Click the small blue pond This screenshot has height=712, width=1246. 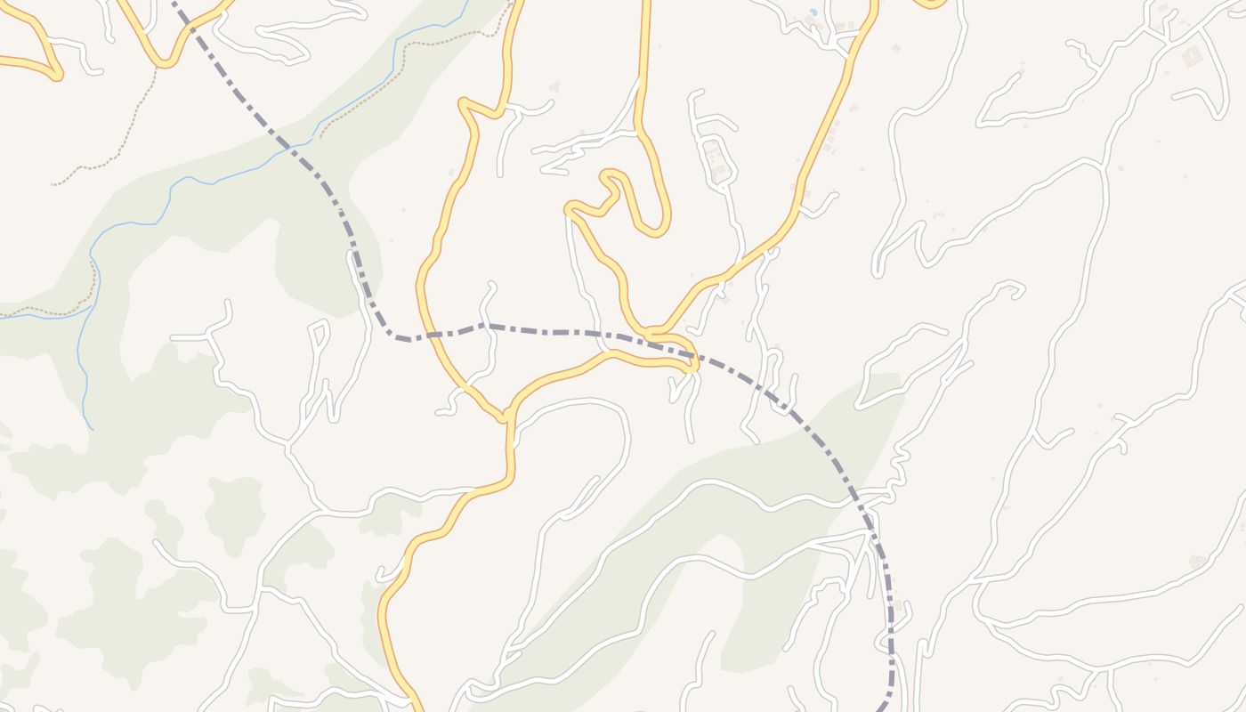tap(811, 13)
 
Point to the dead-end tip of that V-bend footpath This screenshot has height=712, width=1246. tap(53, 183)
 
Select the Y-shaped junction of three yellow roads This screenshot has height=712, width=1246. tap(506, 417)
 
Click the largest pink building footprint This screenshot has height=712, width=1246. tap(1191, 57)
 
